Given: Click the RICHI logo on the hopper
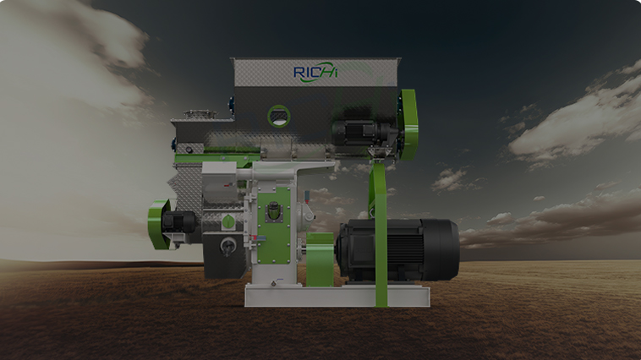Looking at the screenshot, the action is [315, 73].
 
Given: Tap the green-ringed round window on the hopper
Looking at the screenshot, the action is [279, 116].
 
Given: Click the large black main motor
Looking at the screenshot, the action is [397, 250].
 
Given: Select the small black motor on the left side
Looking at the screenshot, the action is [179, 223].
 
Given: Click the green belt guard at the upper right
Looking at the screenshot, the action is [408, 124].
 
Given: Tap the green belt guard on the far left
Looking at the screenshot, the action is [159, 224].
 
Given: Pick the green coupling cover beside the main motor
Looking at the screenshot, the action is [320, 259].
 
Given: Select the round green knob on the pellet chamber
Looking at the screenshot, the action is [227, 222].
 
